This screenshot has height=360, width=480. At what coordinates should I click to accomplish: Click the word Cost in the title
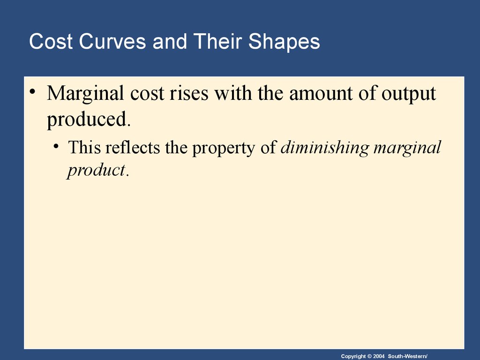51,41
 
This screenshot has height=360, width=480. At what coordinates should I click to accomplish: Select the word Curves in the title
112,41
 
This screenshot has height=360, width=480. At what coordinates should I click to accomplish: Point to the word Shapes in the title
284,42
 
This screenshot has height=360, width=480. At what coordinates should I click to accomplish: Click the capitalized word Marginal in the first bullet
85,94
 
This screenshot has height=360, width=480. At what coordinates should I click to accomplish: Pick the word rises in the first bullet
189,93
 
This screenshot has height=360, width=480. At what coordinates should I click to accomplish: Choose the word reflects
133,147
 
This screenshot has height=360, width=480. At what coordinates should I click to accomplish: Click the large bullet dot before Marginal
32,91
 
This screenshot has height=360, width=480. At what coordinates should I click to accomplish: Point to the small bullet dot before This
56,146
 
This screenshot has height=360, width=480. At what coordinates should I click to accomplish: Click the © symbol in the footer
369,356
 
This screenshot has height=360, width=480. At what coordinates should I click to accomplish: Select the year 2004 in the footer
379,356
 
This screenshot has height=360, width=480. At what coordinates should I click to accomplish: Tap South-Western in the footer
407,356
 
